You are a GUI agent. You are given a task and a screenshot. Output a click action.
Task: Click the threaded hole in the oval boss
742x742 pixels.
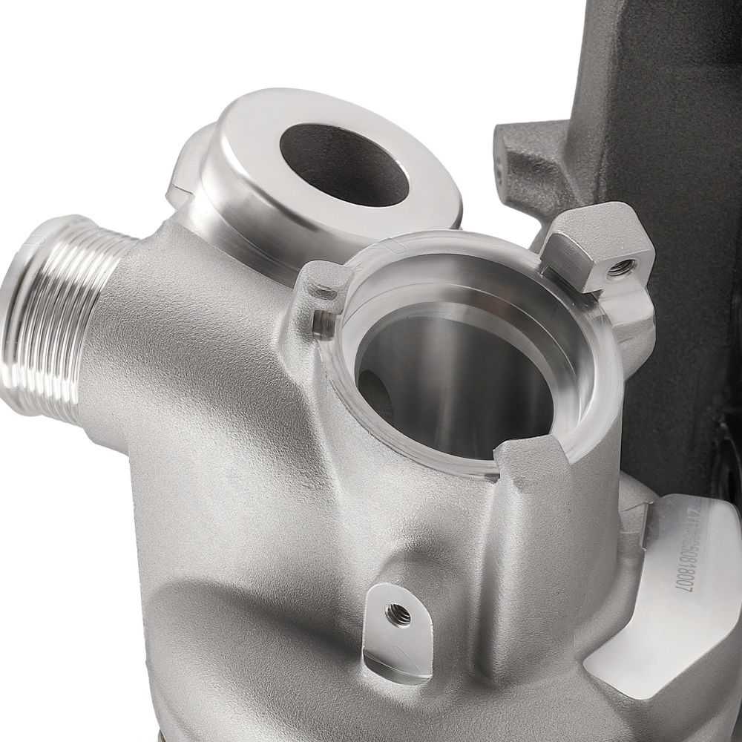398,614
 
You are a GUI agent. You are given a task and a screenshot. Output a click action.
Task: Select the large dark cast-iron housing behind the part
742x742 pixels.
668,148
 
